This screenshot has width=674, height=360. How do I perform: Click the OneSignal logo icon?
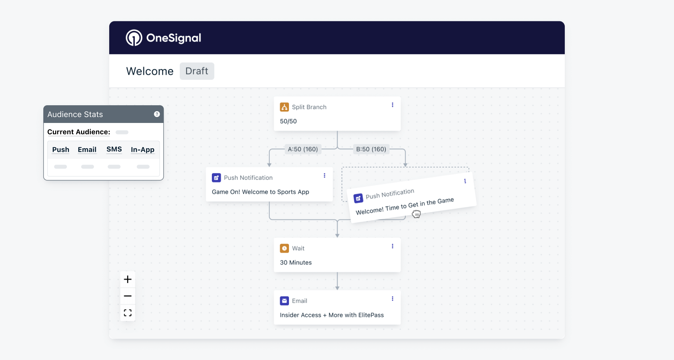(134, 38)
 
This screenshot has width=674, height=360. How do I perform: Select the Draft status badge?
(197, 71)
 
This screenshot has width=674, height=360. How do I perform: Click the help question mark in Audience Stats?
(157, 114)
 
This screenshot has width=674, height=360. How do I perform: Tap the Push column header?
(61, 150)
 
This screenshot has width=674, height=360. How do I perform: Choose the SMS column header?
(114, 149)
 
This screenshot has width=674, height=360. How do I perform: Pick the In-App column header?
(143, 150)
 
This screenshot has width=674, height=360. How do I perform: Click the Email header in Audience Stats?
(87, 150)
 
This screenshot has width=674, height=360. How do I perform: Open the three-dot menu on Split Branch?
(392, 105)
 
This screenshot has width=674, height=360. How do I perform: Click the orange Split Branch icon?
(284, 107)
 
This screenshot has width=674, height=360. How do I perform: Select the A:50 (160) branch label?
(303, 149)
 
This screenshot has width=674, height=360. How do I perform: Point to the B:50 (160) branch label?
(371, 149)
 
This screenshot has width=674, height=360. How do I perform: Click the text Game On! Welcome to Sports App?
(260, 192)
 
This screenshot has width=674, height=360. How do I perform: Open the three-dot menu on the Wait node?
(392, 246)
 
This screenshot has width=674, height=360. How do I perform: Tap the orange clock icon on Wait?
(284, 248)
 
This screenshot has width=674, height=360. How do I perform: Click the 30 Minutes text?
(296, 262)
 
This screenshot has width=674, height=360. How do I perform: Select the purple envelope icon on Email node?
(284, 301)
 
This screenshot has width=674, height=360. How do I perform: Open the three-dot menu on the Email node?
(392, 299)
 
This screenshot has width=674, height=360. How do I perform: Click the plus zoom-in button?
(128, 279)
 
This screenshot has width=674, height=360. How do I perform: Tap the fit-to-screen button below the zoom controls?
(128, 313)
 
